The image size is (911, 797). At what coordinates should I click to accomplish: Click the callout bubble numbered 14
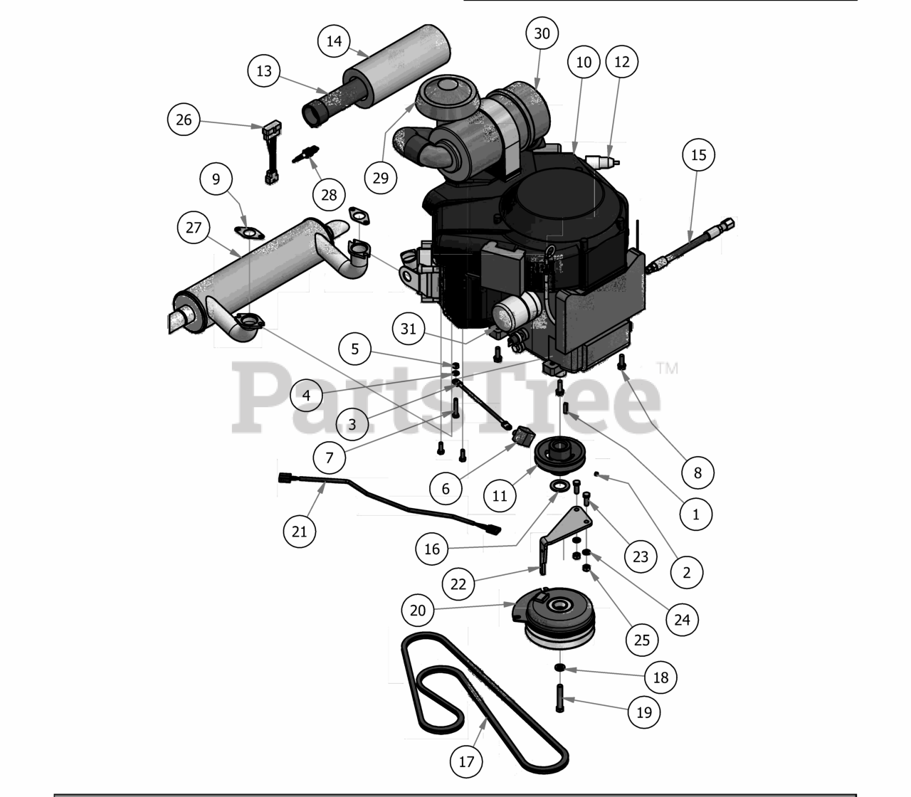(x=334, y=41)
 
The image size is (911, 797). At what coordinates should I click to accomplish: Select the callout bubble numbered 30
(x=542, y=33)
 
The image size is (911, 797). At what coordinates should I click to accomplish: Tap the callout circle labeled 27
(x=194, y=228)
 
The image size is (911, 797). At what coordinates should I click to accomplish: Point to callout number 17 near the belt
(x=466, y=762)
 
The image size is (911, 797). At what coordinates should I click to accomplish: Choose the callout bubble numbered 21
(x=299, y=531)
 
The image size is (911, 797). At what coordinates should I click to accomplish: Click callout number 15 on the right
(x=698, y=155)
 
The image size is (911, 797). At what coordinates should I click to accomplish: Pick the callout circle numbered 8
(x=697, y=473)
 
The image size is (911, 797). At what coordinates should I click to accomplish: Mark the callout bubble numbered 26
(x=184, y=120)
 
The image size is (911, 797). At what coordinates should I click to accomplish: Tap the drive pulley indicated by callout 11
(x=559, y=455)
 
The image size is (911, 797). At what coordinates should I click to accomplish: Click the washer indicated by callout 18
(x=559, y=667)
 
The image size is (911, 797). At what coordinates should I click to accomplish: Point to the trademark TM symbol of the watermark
(x=668, y=368)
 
